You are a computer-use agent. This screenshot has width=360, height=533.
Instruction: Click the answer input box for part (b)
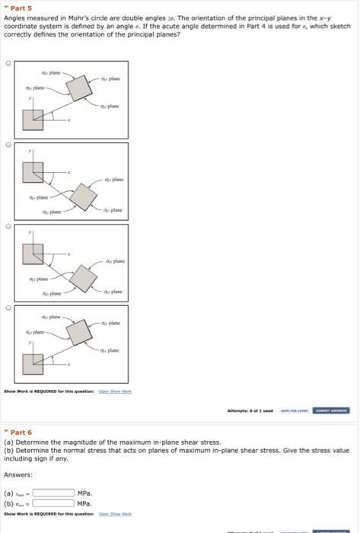coord(53,503)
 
